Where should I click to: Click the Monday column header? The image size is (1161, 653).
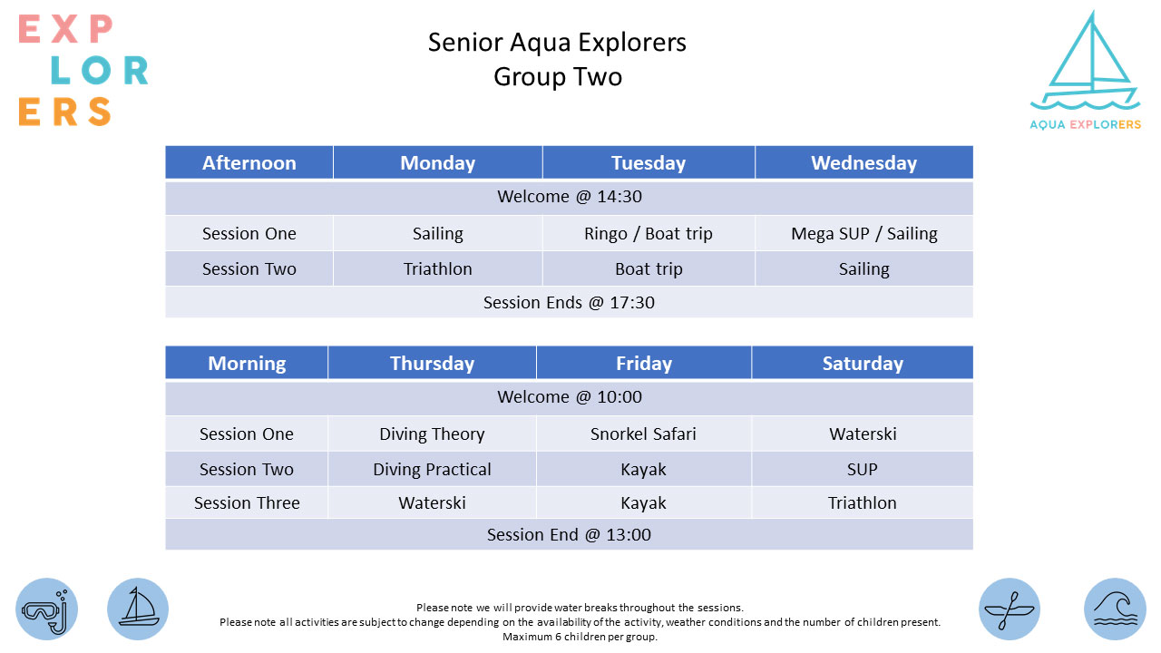(437, 162)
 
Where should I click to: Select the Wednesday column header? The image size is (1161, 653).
(864, 162)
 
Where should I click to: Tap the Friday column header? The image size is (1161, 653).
(644, 363)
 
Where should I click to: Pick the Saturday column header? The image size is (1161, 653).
(863, 363)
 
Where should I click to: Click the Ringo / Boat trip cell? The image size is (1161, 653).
(649, 234)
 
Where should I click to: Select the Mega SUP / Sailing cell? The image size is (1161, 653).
(864, 234)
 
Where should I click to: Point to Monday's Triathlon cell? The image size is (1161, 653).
(437, 269)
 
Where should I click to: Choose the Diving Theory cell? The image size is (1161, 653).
(432, 434)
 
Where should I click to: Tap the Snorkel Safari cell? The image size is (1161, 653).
(643, 434)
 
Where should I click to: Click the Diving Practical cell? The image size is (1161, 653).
(432, 469)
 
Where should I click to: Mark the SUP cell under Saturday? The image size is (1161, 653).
(862, 469)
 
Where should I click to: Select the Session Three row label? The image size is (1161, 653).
(247, 502)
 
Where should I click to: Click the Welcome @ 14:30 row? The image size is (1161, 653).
(569, 197)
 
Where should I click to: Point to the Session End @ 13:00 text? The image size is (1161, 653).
(569, 534)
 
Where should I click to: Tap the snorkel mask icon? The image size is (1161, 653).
(46, 609)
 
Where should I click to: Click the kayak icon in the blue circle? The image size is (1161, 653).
(1010, 609)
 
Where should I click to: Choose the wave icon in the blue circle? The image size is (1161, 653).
(1115, 609)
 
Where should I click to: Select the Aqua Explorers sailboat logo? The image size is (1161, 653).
(1086, 70)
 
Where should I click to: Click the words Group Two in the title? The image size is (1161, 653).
(558, 77)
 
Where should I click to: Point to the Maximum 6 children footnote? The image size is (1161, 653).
(580, 637)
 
